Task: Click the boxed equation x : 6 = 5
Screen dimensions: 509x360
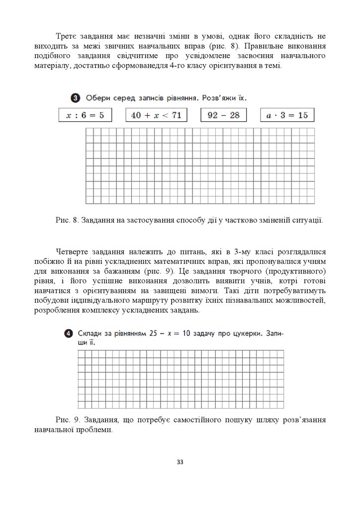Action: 85,115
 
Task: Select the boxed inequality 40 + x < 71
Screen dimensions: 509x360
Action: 156,115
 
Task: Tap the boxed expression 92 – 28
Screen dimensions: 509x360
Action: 224,115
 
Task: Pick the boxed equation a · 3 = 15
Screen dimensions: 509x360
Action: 287,115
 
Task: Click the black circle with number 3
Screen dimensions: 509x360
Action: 75,98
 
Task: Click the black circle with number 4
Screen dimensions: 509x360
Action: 68,333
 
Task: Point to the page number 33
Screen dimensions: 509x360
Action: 180,462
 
